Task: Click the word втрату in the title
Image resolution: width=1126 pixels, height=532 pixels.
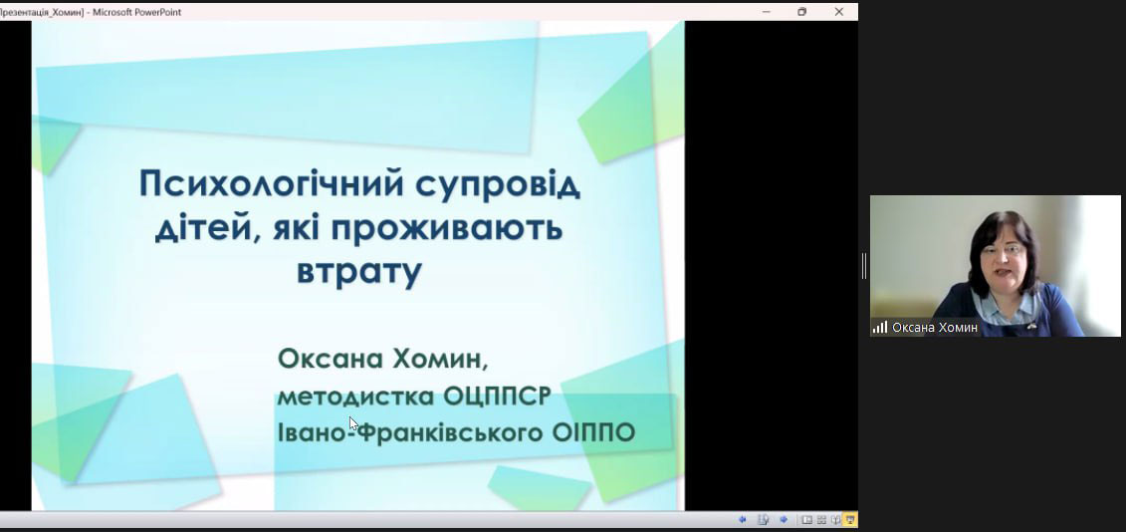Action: pos(358,272)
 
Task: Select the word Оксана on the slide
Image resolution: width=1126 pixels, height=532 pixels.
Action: pos(331,358)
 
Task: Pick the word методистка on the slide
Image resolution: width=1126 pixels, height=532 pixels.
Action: pos(355,397)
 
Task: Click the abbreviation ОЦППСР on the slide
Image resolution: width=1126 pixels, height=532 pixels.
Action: pos(497,397)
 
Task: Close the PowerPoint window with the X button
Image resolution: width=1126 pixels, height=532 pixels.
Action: pos(838,12)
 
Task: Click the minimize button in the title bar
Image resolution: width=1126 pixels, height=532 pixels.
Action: pos(767,12)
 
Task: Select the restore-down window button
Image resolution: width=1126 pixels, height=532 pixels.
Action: pos(802,12)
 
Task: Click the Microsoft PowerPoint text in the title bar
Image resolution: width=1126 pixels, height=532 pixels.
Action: pos(136,12)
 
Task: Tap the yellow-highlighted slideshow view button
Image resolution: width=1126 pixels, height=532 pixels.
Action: pos(850,519)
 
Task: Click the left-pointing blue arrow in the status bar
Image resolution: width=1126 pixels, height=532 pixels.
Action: pos(743,519)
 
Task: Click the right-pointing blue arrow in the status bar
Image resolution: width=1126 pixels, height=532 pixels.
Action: pos(784,519)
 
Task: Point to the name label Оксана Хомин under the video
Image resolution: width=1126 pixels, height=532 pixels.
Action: pos(935,328)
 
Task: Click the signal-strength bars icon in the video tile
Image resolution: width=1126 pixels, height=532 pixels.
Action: pos(880,327)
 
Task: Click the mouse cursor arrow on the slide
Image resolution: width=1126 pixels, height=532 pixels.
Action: pos(353,423)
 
